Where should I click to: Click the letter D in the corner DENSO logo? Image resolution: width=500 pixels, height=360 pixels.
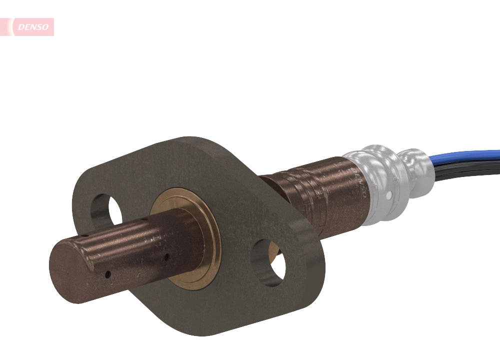tap(20, 27)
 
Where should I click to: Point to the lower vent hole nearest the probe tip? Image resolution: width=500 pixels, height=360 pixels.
tap(107, 274)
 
